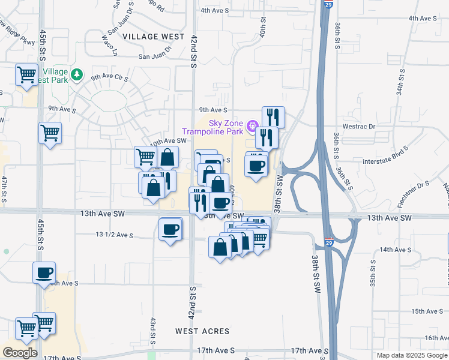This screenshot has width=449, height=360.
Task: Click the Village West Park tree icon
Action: (76, 74)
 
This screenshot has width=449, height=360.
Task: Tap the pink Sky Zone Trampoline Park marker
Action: (252, 126)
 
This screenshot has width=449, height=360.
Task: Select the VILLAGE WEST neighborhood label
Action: (154, 37)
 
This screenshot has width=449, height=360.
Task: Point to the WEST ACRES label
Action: (202, 331)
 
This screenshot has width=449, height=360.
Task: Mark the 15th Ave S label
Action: (426, 311)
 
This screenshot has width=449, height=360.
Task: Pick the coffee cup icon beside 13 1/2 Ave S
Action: (170, 229)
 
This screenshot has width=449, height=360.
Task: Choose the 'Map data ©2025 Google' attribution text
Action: (411, 355)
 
